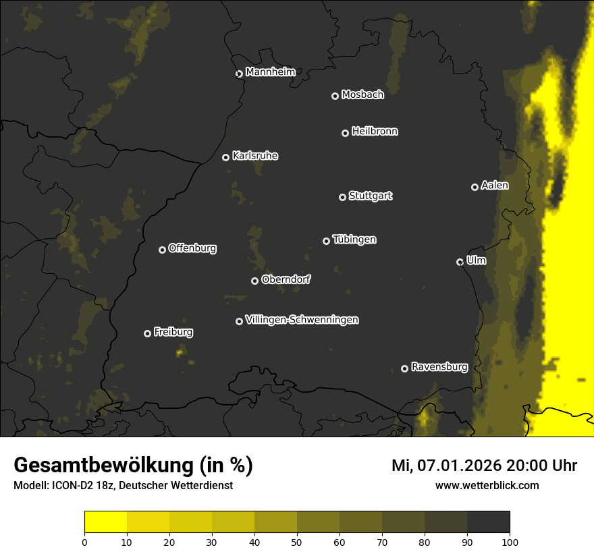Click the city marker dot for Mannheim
[x=239, y=74]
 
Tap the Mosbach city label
[x=362, y=95]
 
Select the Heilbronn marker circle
[x=345, y=133]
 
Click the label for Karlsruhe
[x=255, y=156]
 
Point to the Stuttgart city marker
[x=342, y=197]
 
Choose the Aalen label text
[x=495, y=186]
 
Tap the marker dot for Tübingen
[x=326, y=241]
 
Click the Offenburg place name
[x=192, y=248]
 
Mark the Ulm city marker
[x=460, y=262]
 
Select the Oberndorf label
[x=286, y=280]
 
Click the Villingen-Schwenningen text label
[x=302, y=320]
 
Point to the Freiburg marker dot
[x=147, y=333]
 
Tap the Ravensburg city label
[x=439, y=368]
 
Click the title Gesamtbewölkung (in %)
[x=133, y=466]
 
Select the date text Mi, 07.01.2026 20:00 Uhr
[x=484, y=466]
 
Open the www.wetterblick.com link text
[x=487, y=485]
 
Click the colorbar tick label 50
[x=297, y=541]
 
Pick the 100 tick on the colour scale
[x=510, y=541]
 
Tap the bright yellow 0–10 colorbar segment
[x=105, y=522]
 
